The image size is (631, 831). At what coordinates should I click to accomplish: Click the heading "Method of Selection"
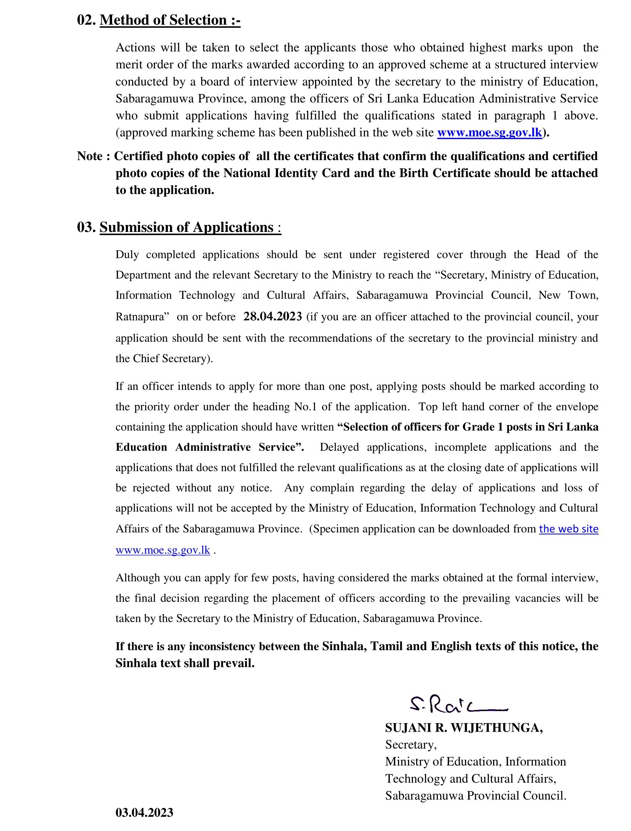(170, 20)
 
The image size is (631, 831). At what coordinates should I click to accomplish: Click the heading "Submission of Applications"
(186, 227)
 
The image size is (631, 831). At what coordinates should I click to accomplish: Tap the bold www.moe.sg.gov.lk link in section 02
(490, 133)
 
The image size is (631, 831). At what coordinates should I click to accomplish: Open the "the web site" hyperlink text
(569, 529)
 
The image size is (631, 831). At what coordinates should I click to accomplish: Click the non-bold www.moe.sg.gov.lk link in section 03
(163, 550)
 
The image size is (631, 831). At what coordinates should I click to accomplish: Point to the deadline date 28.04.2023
(273, 317)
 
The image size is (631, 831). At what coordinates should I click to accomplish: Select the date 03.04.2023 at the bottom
(144, 813)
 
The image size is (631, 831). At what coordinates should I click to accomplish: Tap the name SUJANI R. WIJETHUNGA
(464, 728)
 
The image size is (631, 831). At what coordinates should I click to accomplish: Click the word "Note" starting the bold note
(90, 156)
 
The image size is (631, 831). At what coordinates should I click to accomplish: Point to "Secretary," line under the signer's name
(411, 744)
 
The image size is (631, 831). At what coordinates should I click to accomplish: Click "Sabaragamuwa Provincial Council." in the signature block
(476, 796)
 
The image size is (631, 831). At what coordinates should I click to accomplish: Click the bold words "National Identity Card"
(287, 173)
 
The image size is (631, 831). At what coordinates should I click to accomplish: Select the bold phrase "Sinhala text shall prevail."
(185, 663)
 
